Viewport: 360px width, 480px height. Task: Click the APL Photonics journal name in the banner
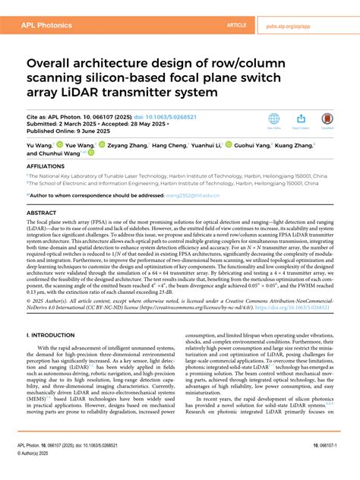pyautogui.click(x=43, y=24)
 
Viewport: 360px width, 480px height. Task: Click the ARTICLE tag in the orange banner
pyautogui.click(x=238, y=24)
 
